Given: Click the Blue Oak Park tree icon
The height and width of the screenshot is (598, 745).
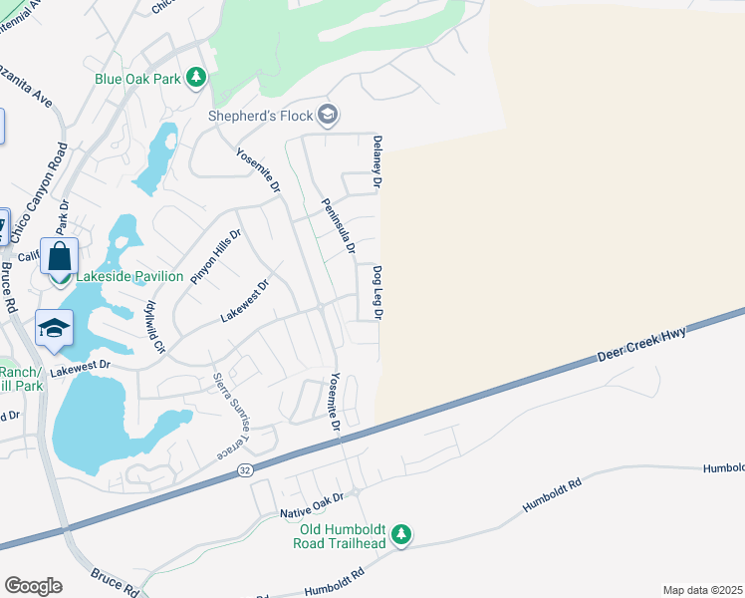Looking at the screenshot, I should point(196,78).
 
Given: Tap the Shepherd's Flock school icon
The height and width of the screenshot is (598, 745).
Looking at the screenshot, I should point(328,116).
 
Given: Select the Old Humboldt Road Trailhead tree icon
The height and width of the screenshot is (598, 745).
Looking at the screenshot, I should point(400,536).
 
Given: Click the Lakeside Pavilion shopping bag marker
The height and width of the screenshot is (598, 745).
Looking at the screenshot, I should point(59,256).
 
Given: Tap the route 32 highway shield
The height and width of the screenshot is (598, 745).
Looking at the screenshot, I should point(244,468).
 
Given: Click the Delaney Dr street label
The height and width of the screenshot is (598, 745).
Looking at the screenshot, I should point(377,162).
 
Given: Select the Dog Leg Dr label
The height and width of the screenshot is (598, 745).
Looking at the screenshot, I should point(377,292).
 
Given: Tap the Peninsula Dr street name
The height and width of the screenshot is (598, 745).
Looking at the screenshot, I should point(338,226).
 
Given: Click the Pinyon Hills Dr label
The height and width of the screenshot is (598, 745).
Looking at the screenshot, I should point(217,256).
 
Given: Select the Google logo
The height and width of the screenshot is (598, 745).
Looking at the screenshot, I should point(33,585).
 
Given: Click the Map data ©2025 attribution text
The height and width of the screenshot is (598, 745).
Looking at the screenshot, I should point(701,590).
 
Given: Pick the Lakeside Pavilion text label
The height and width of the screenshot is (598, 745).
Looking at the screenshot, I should point(129,276).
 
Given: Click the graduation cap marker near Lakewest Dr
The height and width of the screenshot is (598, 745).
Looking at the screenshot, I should point(53,328).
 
